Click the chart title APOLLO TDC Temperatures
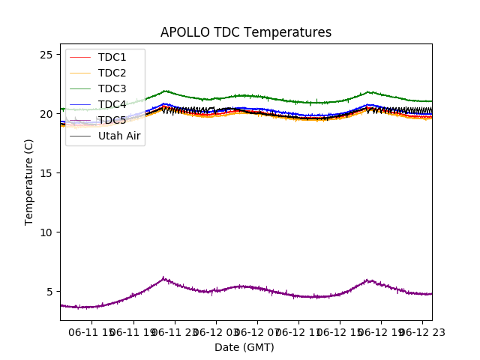(x=246, y=32)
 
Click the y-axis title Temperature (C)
(x=29, y=182)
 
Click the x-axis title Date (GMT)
(x=244, y=347)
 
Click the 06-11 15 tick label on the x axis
(x=93, y=331)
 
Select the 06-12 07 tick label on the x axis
(x=257, y=331)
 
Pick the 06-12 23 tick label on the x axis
(x=421, y=331)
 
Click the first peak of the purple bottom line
(x=163, y=278)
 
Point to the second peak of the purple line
(x=367, y=280)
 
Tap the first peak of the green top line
(x=165, y=91)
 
